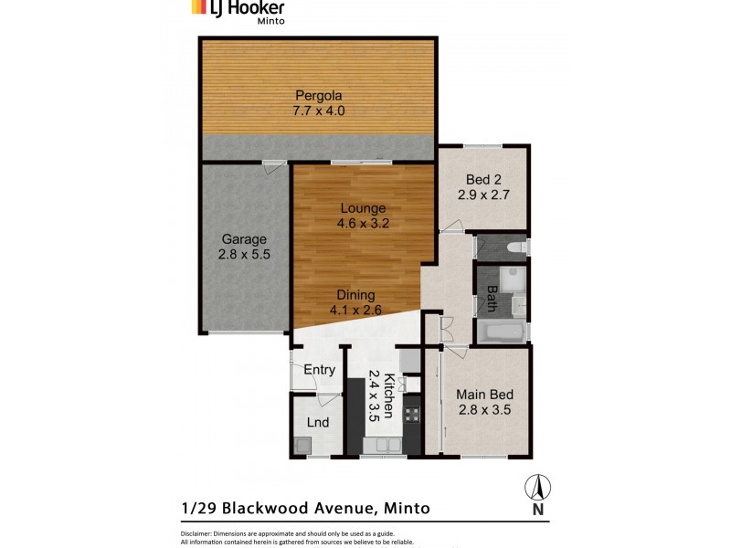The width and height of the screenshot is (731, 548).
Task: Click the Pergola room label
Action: (x=318, y=95)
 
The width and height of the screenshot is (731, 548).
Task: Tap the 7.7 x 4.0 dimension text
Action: (x=318, y=111)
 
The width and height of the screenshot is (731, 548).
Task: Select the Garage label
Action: (x=244, y=239)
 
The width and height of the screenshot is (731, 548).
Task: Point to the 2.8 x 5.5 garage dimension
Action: (x=244, y=255)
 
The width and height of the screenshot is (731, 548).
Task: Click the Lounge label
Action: (x=363, y=207)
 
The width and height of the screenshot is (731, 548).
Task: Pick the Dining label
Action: (x=355, y=295)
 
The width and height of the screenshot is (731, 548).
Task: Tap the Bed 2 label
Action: (x=482, y=179)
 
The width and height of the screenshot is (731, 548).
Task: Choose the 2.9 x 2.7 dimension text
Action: (x=482, y=195)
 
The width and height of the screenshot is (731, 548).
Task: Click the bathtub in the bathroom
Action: (x=502, y=332)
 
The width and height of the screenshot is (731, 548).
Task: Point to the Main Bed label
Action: (x=484, y=395)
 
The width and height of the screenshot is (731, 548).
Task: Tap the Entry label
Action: (x=319, y=370)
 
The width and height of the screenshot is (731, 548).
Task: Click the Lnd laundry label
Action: (x=317, y=422)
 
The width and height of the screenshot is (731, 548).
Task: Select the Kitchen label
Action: (x=388, y=395)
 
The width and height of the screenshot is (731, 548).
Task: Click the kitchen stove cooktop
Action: (x=411, y=416)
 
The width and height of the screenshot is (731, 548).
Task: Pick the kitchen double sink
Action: (x=382, y=446)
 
